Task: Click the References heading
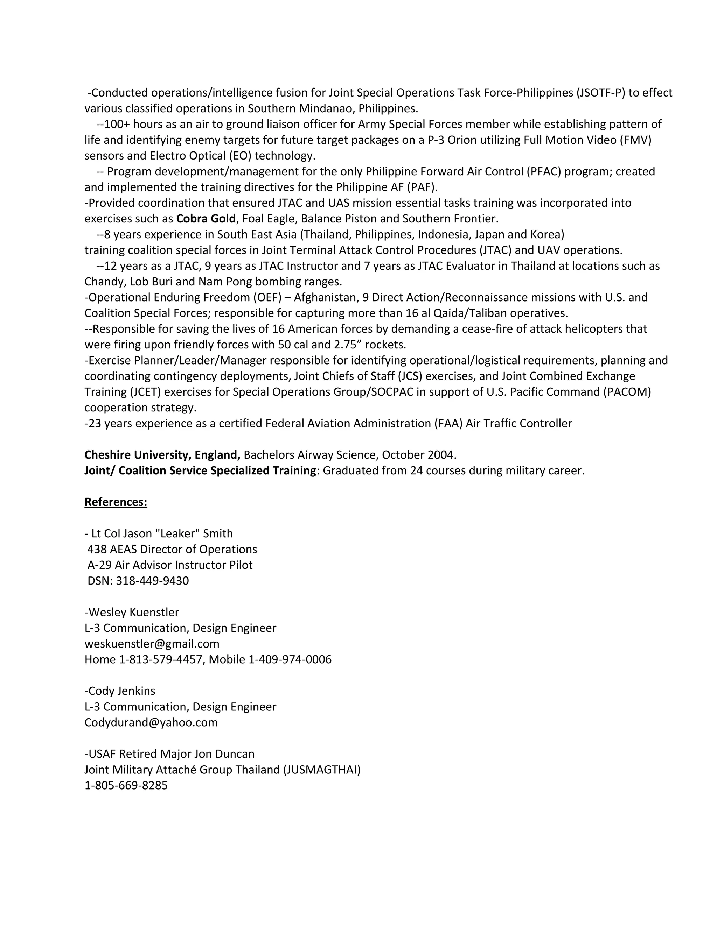116,502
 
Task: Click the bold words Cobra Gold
206,219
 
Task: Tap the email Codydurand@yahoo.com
151,722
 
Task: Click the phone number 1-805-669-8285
126,785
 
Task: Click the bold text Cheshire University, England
162,455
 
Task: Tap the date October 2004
418,455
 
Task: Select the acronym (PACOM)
627,391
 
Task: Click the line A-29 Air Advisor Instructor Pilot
170,565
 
